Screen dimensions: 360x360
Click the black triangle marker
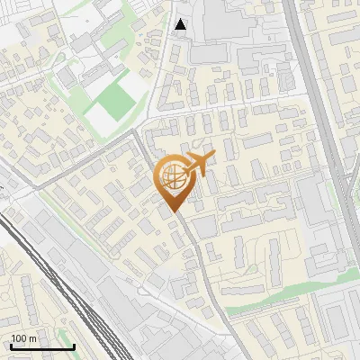point(181,24)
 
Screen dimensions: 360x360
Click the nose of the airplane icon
point(212,156)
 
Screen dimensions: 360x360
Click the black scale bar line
point(42,346)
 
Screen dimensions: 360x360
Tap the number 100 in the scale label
point(19,338)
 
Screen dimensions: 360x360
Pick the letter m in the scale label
point(32,338)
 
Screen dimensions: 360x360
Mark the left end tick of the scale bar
point(11,345)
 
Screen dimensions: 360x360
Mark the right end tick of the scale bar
point(74,345)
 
